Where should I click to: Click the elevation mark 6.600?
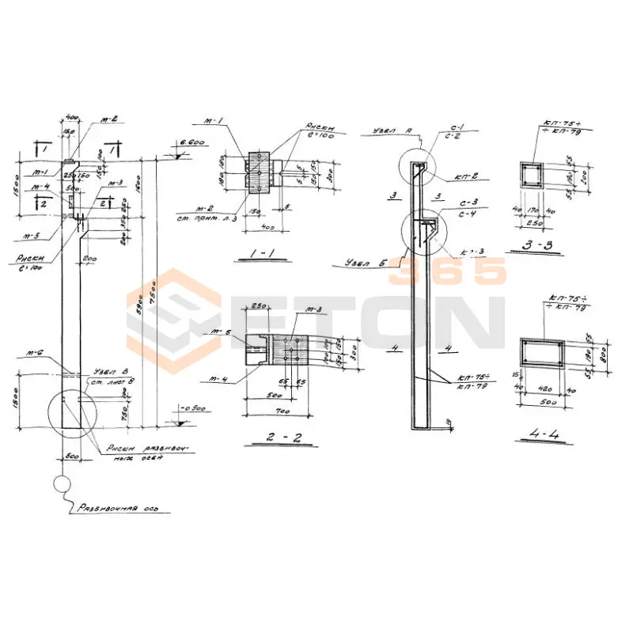(191, 142)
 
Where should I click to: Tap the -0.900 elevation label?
(191, 408)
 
